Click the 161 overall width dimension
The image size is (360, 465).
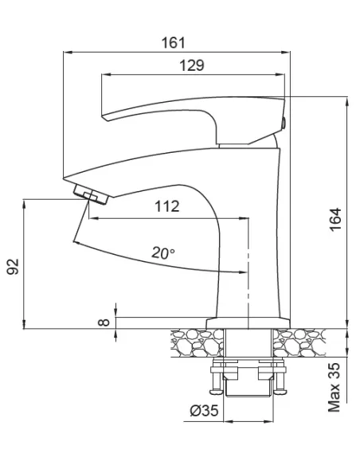[173, 43]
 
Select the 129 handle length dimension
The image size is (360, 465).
[192, 65]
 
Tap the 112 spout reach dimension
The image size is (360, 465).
[167, 206]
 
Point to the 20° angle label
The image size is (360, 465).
[163, 253]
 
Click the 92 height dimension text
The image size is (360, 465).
[13, 267]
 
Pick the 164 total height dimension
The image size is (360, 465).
[335, 220]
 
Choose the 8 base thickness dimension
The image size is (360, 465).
[104, 322]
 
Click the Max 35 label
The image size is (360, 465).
[334, 387]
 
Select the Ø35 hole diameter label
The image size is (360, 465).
[204, 410]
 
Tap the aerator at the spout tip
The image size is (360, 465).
[91, 194]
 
